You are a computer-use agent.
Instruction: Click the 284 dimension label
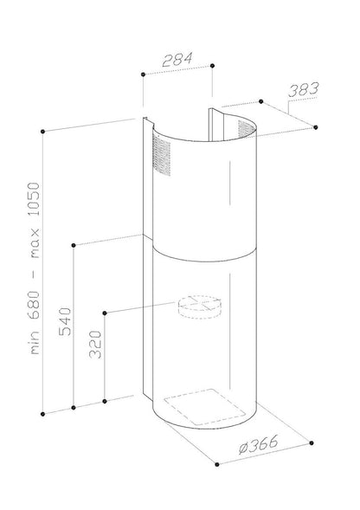pos(177,60)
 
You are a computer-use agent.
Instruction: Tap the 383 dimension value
pos(304,90)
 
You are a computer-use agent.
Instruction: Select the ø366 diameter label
pos(259,444)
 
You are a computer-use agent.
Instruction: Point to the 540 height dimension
pos(65,321)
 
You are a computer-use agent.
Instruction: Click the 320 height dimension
pos(95,345)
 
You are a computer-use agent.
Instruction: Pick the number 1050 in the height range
pos(34,199)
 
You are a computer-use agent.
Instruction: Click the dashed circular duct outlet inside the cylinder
pos(199,307)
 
